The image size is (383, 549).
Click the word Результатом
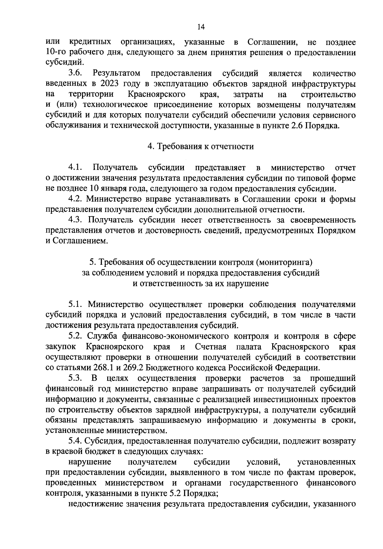pyautogui.click(x=116, y=74)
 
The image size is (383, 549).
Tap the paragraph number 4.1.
pyautogui.click(x=76, y=167)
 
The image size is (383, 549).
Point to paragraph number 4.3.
pyautogui.click(x=76, y=220)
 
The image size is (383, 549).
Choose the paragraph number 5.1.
pyautogui.click(x=76, y=304)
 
